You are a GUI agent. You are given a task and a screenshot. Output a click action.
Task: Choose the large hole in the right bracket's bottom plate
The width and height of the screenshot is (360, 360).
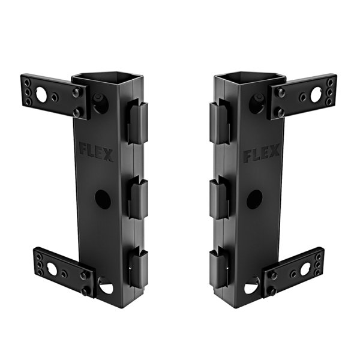(x=300, y=269)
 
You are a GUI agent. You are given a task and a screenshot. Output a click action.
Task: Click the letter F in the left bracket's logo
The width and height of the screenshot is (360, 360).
(x=83, y=147)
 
